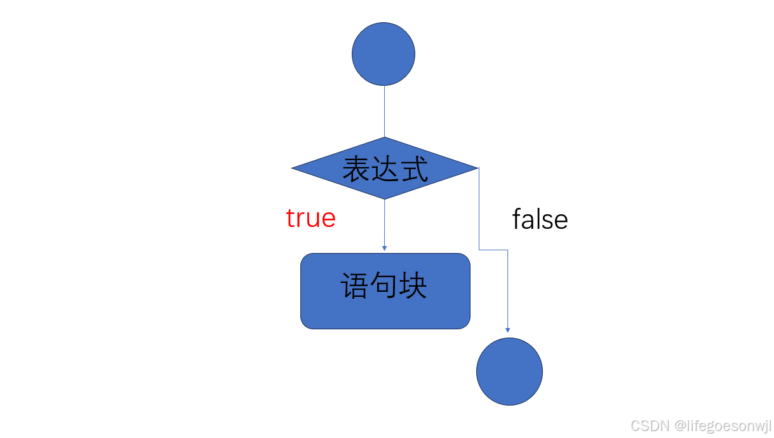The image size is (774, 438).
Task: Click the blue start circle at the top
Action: (x=384, y=54)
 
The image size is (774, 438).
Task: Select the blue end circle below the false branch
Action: (x=509, y=371)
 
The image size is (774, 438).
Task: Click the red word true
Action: (x=310, y=218)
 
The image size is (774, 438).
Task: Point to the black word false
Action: (x=540, y=220)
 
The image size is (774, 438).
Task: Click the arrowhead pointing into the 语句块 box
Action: (x=384, y=247)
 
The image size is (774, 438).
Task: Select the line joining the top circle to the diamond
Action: (x=384, y=111)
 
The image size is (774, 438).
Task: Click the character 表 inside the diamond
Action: (x=356, y=169)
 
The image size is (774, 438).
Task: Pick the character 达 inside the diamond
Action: (x=385, y=169)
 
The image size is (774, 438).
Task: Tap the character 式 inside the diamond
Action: (x=414, y=169)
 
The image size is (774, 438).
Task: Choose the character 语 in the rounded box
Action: (x=355, y=286)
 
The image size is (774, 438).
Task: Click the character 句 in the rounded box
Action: (x=384, y=286)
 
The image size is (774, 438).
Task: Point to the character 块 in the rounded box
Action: (x=413, y=286)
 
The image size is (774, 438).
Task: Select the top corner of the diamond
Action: (x=384, y=138)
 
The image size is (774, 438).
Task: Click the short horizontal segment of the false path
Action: (x=493, y=250)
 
